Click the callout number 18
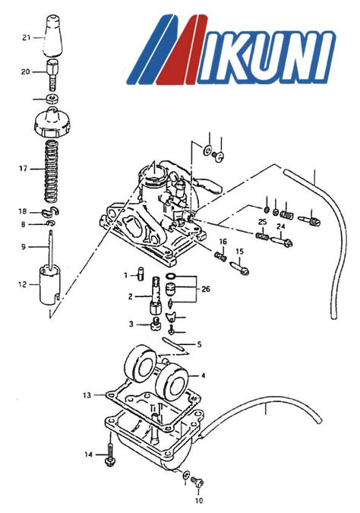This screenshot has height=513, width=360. [x=23, y=211]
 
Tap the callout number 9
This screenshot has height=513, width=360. [x=23, y=246]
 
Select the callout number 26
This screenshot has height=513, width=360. [x=205, y=288]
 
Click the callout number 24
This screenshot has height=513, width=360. [x=280, y=226]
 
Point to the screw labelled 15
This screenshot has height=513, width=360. [x=242, y=267]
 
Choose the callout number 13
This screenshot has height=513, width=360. [x=87, y=396]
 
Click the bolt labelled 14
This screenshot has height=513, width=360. [x=111, y=455]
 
